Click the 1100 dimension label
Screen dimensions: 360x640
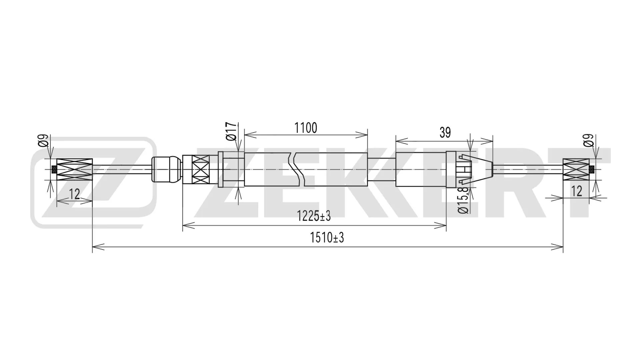(305, 128)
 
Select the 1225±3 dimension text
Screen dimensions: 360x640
(314, 216)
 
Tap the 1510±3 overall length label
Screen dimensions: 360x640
(327, 238)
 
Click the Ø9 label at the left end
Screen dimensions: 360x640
(44, 141)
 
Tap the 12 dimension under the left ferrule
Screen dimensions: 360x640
(74, 194)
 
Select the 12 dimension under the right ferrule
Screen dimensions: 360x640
(576, 191)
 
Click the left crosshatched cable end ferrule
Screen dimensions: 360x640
(75, 170)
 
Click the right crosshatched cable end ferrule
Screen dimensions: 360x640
(576, 170)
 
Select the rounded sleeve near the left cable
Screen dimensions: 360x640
(166, 169)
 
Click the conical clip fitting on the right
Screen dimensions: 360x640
(476, 169)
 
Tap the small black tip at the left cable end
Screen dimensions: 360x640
(54, 170)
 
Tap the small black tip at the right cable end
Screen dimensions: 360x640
(592, 170)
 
